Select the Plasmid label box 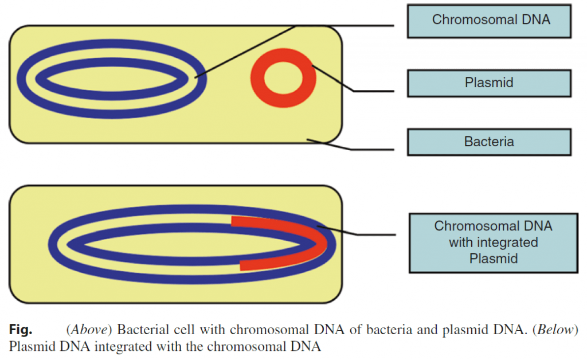point(489,83)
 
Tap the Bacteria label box point(489,142)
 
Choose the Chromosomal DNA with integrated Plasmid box point(493,242)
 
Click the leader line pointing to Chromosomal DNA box point(344,25)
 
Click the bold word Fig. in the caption point(21,330)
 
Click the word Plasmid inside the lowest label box point(493,259)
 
